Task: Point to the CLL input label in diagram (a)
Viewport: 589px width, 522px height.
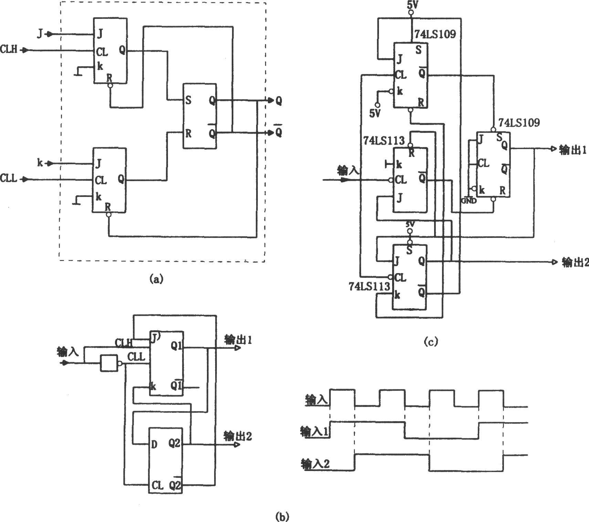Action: (x=9, y=179)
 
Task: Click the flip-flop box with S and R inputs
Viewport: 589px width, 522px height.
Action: (x=200, y=116)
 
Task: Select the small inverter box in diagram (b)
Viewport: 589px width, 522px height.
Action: (x=109, y=363)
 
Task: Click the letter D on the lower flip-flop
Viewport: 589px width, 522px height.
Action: (x=154, y=445)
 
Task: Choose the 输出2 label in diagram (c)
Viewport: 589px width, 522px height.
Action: (x=575, y=262)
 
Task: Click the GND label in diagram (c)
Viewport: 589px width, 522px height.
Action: (x=469, y=201)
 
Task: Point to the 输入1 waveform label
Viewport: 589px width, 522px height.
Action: (x=315, y=432)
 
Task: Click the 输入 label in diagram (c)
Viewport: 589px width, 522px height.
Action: (x=349, y=170)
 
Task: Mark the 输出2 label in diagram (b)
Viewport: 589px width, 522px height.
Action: (x=238, y=436)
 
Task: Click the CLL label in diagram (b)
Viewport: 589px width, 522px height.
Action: (x=136, y=357)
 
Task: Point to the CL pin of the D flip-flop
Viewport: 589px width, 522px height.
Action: (x=157, y=486)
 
